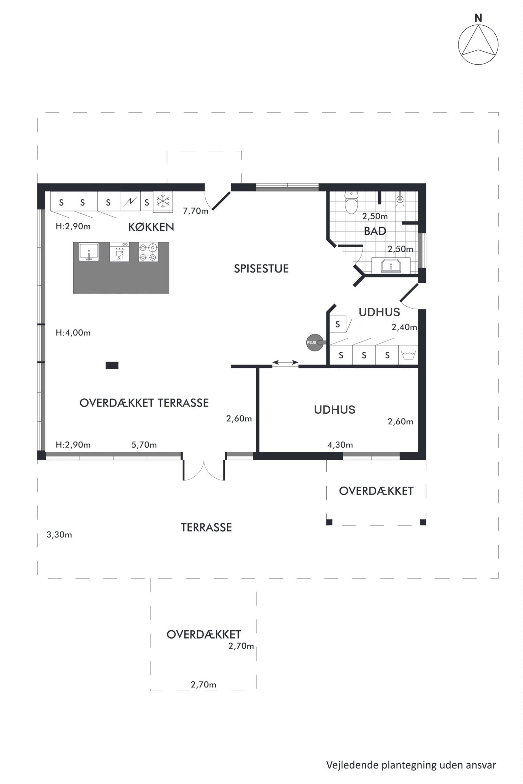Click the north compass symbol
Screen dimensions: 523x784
pos(478,44)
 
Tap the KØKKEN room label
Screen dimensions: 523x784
pos(151,227)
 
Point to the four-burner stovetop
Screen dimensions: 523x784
pos(148,252)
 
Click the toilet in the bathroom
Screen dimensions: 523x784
pos(351,203)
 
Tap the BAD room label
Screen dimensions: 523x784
pos(375,231)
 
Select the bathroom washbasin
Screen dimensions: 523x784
pos(391,265)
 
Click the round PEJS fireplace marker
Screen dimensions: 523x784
pos(315,342)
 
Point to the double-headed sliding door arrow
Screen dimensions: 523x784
pos(285,362)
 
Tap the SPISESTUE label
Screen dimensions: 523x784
pos(261,269)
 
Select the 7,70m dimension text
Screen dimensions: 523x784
pos(195,211)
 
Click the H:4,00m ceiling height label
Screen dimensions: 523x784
pos(73,333)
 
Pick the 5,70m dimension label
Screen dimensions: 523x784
pos(144,445)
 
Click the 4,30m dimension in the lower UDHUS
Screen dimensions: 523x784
pos(340,445)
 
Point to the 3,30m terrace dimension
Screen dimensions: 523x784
pos(59,535)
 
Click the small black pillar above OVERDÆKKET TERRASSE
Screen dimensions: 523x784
pos(112,365)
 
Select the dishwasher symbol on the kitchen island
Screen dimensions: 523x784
pos(119,252)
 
